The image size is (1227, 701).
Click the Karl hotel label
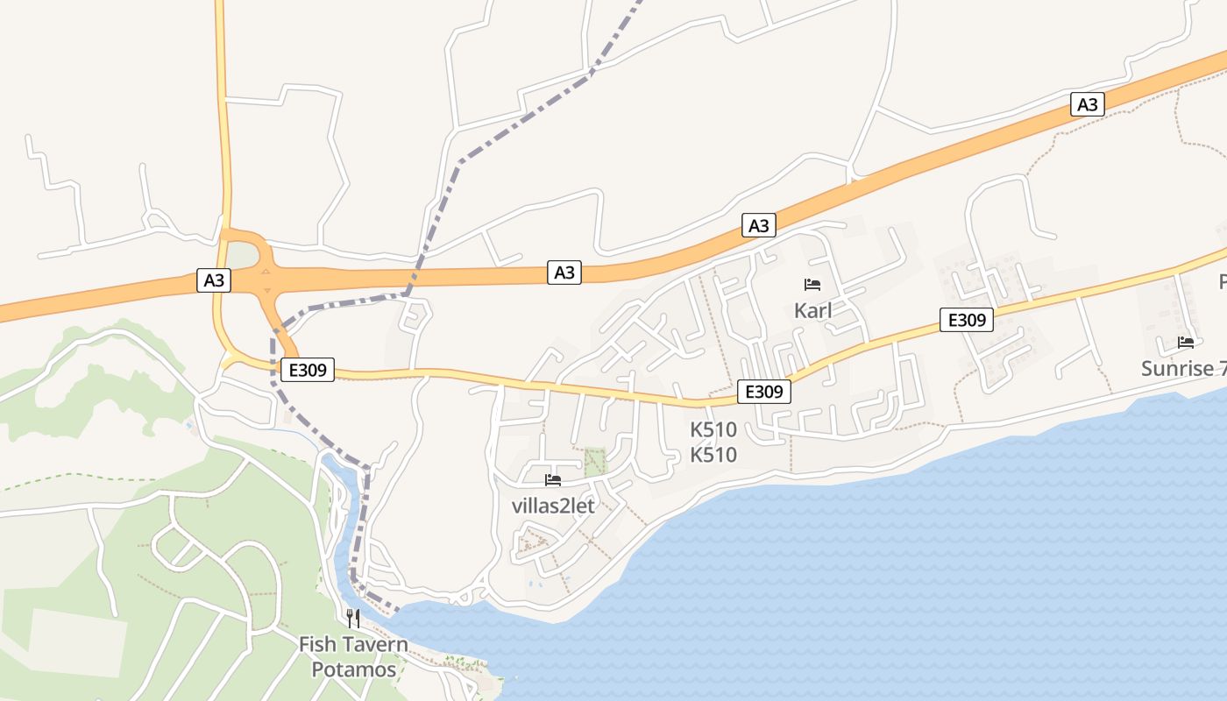pyautogui.click(x=812, y=310)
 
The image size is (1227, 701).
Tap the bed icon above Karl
pyautogui.click(x=812, y=285)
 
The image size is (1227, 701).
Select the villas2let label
pyautogui.click(x=553, y=506)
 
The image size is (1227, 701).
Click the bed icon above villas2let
pyautogui.click(x=553, y=479)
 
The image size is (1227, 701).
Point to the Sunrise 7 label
pyautogui.click(x=1183, y=368)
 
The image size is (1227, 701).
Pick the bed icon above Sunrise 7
pyautogui.click(x=1186, y=343)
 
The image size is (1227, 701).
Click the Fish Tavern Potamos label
pyautogui.click(x=353, y=657)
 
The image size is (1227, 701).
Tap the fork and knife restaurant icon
pyautogui.click(x=353, y=618)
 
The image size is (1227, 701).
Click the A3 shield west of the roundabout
pyautogui.click(x=214, y=280)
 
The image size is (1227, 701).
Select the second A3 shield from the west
pyautogui.click(x=565, y=273)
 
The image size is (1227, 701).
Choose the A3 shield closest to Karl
pyautogui.click(x=759, y=225)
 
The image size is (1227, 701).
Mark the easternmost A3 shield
pyautogui.click(x=1087, y=104)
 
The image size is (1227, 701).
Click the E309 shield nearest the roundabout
pyautogui.click(x=308, y=371)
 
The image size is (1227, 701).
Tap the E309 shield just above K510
pyautogui.click(x=764, y=392)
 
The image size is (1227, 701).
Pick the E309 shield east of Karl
pyautogui.click(x=968, y=320)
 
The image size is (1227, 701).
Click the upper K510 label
pyautogui.click(x=713, y=430)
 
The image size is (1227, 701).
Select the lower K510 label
pyautogui.click(x=713, y=455)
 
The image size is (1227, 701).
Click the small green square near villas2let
pyautogui.click(x=595, y=462)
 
